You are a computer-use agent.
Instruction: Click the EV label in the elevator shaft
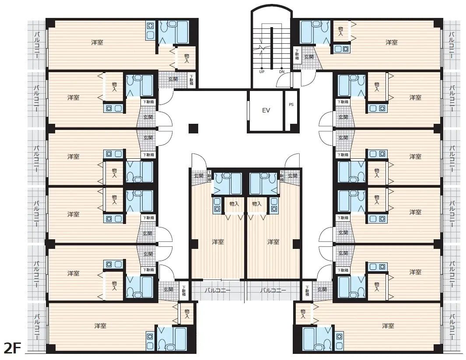(266, 110)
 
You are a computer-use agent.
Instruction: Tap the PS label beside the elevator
(291, 105)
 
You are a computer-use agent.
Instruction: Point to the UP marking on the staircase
(262, 72)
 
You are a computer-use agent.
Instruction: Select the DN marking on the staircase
(281, 72)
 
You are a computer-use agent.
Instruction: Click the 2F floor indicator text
(12, 348)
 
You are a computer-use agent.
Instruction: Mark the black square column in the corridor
(193, 128)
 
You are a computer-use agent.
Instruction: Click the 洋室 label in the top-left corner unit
(97, 42)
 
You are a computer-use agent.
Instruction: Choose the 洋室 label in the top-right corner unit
(391, 42)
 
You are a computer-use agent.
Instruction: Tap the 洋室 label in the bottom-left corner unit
(100, 326)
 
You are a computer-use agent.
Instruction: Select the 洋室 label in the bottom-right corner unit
(388, 326)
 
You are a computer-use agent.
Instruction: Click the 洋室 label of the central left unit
(217, 241)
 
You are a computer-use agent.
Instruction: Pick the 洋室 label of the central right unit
(273, 241)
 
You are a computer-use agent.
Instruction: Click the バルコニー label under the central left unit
(217, 290)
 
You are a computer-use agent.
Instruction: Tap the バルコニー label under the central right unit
(273, 290)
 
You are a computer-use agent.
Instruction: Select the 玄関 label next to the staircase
(309, 57)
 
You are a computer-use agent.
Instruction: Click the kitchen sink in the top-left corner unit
(150, 30)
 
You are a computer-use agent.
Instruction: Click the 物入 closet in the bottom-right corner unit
(303, 313)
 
